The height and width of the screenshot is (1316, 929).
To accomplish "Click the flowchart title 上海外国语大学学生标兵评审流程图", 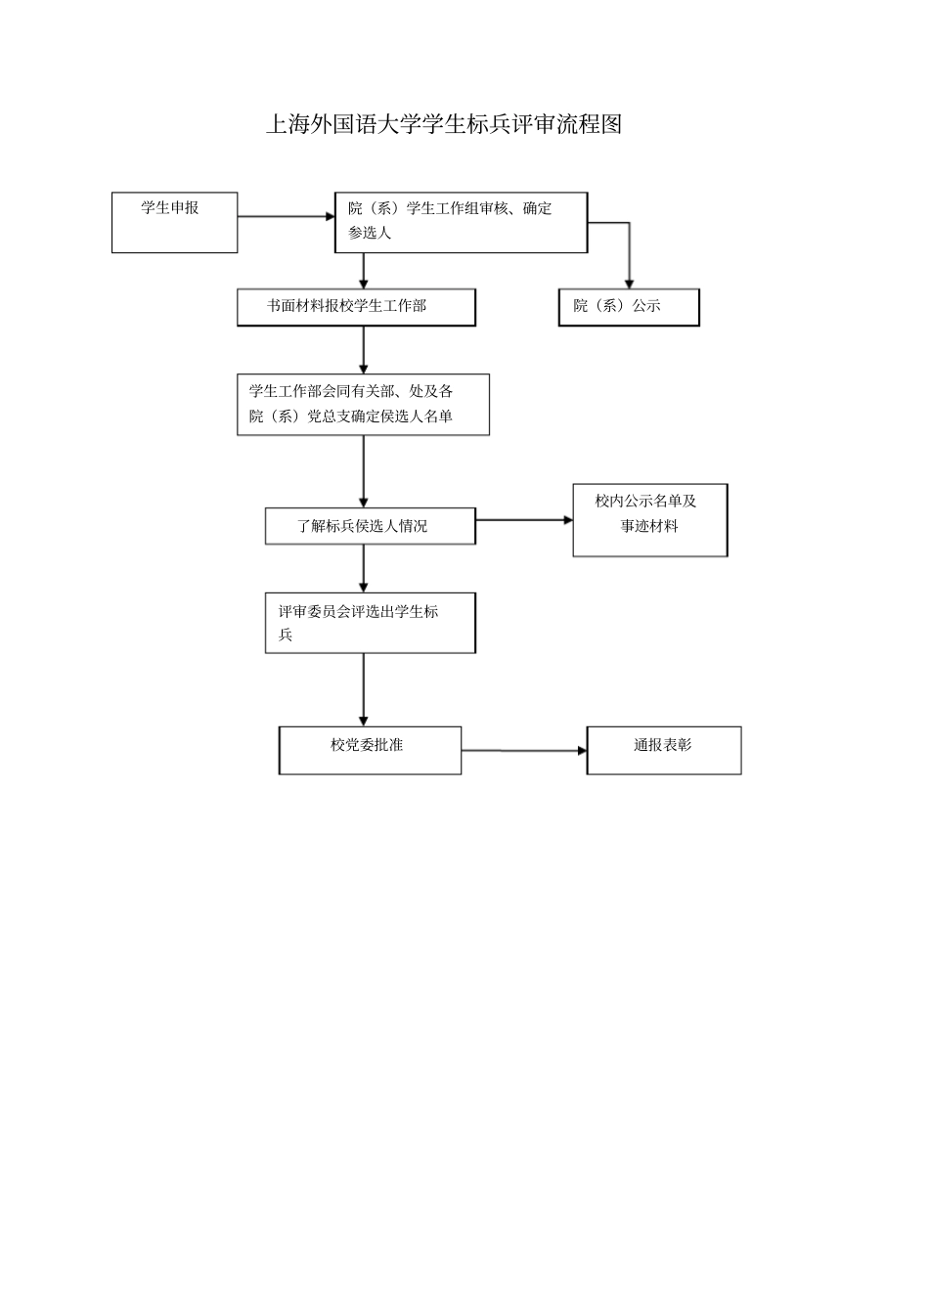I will tap(444, 124).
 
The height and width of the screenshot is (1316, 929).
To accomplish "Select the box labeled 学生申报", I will tap(174, 223).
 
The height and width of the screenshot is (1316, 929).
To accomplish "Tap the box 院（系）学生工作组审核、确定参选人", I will tap(461, 222).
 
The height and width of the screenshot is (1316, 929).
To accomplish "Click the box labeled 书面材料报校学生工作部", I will tap(356, 307).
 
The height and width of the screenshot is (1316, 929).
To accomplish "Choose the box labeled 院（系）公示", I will tap(629, 307).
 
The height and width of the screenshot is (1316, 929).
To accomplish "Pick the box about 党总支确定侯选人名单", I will tap(363, 404).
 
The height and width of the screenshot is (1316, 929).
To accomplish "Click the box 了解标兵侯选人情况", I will tap(370, 526).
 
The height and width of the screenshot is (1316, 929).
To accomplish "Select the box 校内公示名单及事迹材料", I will tap(649, 520).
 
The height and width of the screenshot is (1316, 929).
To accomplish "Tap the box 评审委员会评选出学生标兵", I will tap(370, 623).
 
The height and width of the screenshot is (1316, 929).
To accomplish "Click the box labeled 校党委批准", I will tap(370, 750).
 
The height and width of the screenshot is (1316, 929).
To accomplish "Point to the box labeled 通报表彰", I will tap(663, 750).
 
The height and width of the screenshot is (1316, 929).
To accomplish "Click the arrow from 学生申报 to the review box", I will tap(286, 217).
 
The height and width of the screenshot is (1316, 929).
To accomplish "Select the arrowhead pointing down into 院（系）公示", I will tap(629, 282).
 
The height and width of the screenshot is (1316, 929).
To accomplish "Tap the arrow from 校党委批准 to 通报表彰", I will tap(523, 751).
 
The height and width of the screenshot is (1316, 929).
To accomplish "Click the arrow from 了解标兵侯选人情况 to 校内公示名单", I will tap(523, 520).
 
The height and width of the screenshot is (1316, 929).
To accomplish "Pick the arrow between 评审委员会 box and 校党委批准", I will tap(364, 689).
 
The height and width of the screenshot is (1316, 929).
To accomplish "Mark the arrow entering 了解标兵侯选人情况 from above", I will tap(364, 471).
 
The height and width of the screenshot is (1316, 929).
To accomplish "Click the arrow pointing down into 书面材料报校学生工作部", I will tap(364, 271).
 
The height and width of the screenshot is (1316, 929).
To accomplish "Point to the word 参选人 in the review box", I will tap(370, 234).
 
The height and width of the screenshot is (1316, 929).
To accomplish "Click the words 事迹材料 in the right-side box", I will tap(649, 526).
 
